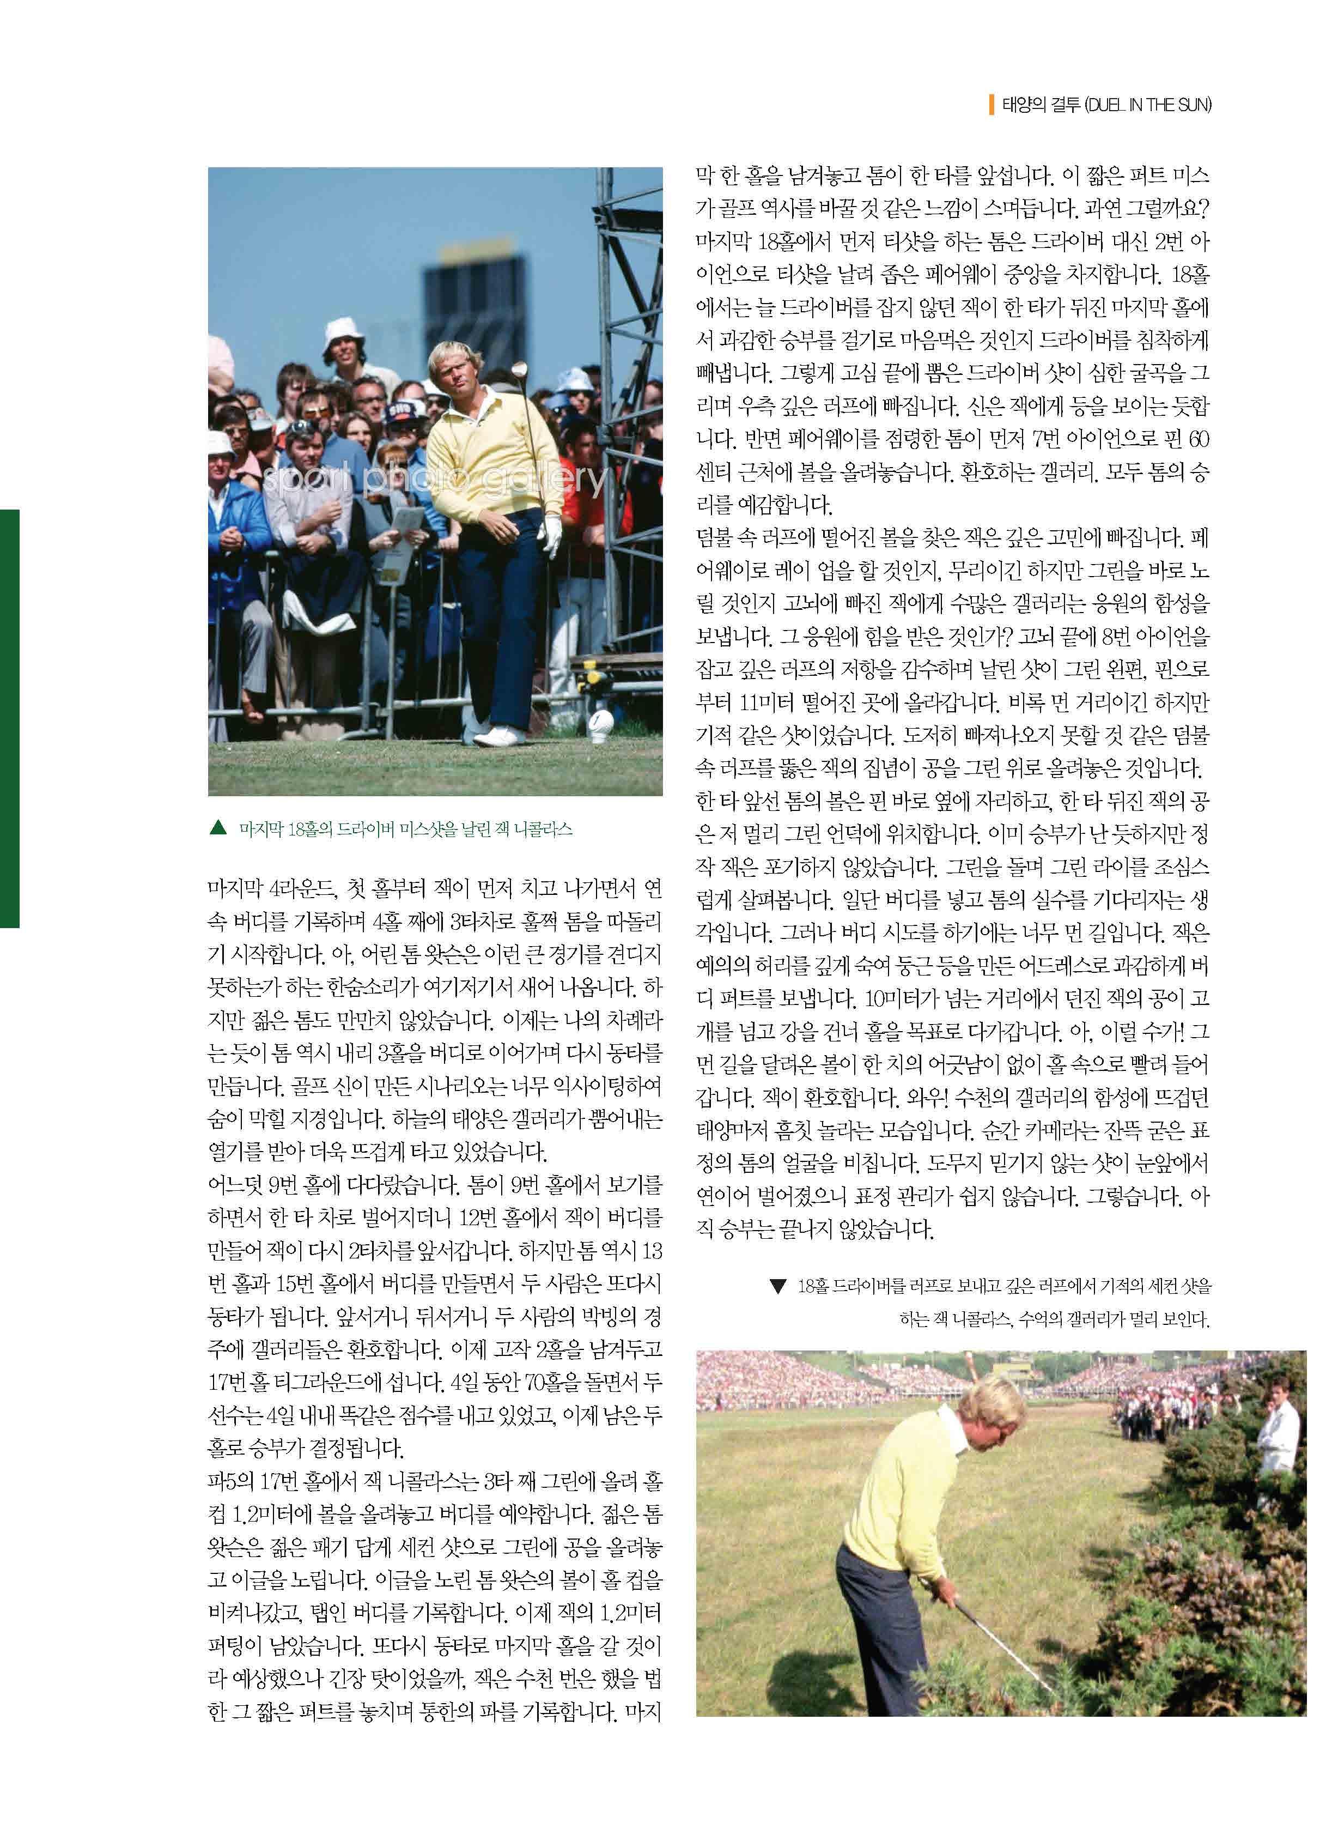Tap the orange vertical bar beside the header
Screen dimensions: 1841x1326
pyautogui.click(x=992, y=106)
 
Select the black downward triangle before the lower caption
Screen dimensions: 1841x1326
pyautogui.click(x=777, y=1287)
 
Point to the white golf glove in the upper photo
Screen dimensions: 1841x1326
pyautogui.click(x=552, y=535)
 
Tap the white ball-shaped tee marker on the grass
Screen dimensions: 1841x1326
pyautogui.click(x=601, y=725)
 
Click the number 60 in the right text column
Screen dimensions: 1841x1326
pyautogui.click(x=1198, y=440)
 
